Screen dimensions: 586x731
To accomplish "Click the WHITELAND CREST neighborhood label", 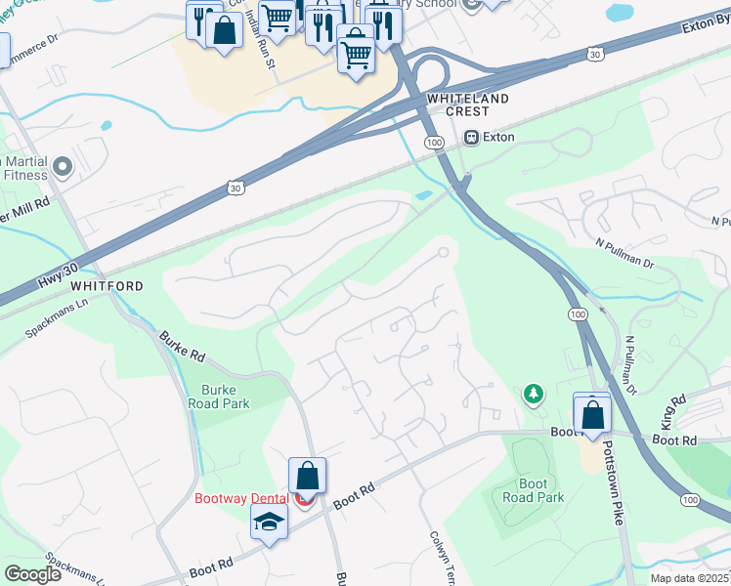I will click(467, 105).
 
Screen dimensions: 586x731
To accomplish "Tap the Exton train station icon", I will click(473, 138).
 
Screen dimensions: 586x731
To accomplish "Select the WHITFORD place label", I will click(107, 286).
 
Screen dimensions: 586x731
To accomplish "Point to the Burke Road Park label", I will click(219, 397).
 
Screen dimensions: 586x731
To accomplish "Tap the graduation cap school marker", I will click(269, 523).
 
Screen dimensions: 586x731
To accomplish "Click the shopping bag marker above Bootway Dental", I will click(307, 477).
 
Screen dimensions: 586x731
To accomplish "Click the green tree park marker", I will click(533, 394).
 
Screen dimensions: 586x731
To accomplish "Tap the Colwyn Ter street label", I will click(437, 557).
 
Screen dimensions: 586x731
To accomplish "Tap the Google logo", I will click(32, 573).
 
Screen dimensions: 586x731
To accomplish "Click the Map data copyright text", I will click(689, 578).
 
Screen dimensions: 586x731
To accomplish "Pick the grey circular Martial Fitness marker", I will click(64, 168).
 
